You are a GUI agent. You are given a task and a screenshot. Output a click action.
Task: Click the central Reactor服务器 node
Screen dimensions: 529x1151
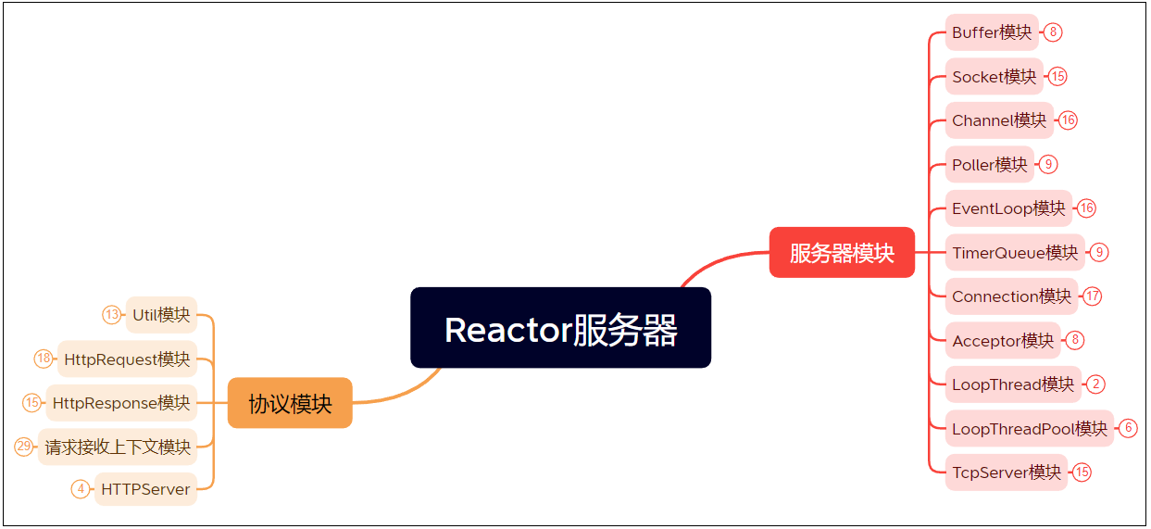(560, 328)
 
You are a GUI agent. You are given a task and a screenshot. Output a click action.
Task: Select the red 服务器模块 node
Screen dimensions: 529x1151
(842, 252)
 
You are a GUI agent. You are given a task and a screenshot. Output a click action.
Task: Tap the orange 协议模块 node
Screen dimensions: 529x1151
(290, 403)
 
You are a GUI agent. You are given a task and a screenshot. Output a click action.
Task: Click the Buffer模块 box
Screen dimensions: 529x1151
(992, 32)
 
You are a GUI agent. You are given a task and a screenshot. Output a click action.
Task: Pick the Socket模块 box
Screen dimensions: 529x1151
(995, 77)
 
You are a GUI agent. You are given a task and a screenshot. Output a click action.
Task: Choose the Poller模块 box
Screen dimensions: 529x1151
(990, 165)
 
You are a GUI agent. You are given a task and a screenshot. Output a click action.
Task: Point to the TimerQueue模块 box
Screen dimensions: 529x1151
(1015, 252)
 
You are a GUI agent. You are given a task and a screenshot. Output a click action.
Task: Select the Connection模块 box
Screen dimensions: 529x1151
(1011, 296)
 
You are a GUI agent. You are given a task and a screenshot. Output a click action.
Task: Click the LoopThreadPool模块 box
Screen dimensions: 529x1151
(1030, 428)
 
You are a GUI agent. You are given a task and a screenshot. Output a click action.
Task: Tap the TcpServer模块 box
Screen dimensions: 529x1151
(1007, 472)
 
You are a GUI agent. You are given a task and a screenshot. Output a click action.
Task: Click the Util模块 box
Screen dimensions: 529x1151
(162, 315)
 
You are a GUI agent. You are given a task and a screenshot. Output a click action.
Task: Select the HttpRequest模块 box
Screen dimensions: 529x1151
(128, 359)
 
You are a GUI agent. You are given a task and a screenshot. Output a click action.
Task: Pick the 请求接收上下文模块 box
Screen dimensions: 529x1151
(118, 447)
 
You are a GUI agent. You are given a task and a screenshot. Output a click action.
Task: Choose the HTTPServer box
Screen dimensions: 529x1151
(146, 489)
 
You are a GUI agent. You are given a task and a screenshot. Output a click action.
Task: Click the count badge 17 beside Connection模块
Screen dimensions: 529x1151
(1093, 296)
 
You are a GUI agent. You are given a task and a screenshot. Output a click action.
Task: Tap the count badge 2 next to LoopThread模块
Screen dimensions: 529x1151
(1096, 384)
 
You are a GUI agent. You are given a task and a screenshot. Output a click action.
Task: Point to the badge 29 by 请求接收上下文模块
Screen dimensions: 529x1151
(24, 447)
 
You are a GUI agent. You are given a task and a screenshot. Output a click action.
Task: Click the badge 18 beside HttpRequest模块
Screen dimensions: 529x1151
(44, 359)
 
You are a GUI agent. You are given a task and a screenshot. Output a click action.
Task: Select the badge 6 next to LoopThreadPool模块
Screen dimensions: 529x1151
(1128, 428)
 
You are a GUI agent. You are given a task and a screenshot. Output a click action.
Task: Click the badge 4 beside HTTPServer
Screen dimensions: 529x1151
(81, 489)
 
